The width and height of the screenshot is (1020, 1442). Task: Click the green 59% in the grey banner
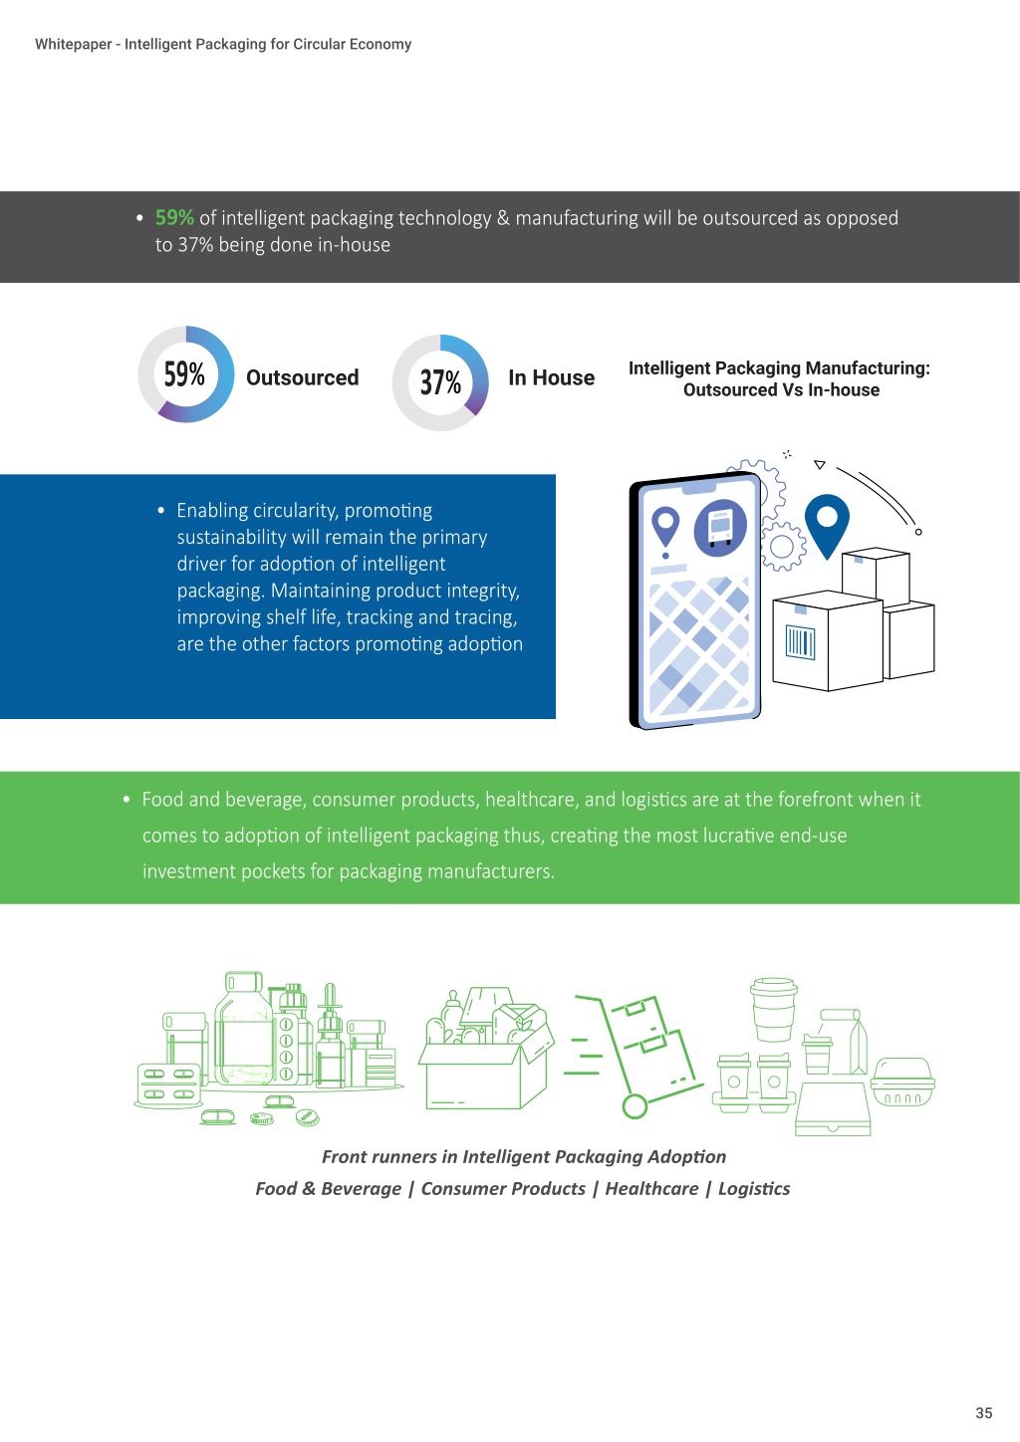174,217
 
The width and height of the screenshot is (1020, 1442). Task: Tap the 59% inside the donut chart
184,374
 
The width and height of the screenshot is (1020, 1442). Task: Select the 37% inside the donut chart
440,382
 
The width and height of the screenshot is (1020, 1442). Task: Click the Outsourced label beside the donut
302,377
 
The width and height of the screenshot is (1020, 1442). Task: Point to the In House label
551,377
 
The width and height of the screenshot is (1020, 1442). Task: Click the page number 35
983,1412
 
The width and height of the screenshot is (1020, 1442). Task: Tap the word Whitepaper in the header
73,45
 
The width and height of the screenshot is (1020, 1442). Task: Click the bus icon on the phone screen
720,528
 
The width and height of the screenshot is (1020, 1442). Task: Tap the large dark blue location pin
827,523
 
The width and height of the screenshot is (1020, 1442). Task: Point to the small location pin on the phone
665,527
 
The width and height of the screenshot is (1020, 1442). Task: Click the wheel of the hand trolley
635,1106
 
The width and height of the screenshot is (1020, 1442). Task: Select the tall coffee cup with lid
773,1010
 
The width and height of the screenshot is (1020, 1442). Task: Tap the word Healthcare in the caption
651,1188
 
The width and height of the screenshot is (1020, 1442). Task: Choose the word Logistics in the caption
753,1189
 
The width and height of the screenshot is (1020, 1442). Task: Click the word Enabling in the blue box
211,511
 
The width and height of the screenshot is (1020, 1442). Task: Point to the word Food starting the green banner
162,799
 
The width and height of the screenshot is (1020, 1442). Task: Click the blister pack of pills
168,1084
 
